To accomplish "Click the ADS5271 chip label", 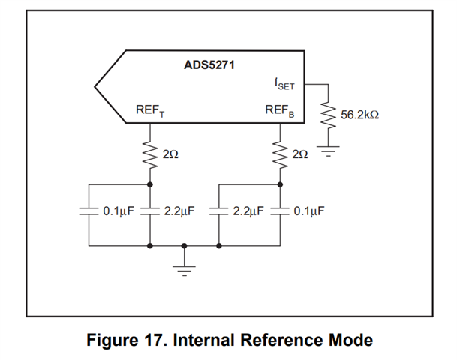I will (209, 65).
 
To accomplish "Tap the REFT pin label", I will (150, 111).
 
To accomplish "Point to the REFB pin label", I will (280, 111).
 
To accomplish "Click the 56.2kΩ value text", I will (359, 116).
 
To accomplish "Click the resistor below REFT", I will (150, 154).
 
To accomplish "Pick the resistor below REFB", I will (281, 154).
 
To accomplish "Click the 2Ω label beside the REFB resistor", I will (300, 154).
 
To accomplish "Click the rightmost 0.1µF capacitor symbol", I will (281, 211).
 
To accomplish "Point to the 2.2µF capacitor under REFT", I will (150, 211).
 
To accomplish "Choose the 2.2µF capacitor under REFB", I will (218, 211).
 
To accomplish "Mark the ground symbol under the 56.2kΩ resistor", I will (328, 152).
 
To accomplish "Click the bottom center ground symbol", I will (185, 263).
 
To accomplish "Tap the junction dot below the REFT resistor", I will (150, 184).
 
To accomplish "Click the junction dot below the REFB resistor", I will (281, 184).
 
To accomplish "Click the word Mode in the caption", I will (350, 340).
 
